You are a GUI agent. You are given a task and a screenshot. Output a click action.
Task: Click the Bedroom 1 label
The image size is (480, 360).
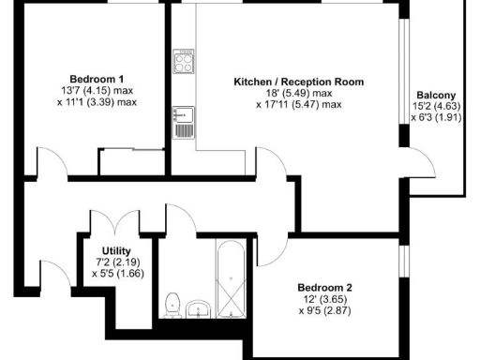97,78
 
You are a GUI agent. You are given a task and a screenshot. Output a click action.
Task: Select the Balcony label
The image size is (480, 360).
436,95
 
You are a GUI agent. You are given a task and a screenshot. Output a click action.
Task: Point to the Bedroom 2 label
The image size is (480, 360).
324,287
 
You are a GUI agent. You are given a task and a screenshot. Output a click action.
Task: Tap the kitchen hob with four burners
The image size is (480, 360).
183,65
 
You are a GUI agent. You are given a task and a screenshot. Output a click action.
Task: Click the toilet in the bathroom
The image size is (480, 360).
172,304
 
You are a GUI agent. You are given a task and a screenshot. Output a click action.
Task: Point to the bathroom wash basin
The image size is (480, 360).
199,307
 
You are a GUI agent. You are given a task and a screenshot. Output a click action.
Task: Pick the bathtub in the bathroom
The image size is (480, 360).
229,278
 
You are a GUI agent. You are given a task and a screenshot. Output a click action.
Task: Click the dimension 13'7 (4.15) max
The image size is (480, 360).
97,91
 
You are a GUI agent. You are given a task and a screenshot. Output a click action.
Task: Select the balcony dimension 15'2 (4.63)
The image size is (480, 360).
436,107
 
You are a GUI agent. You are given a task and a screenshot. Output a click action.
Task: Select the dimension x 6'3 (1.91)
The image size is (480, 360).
436,118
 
